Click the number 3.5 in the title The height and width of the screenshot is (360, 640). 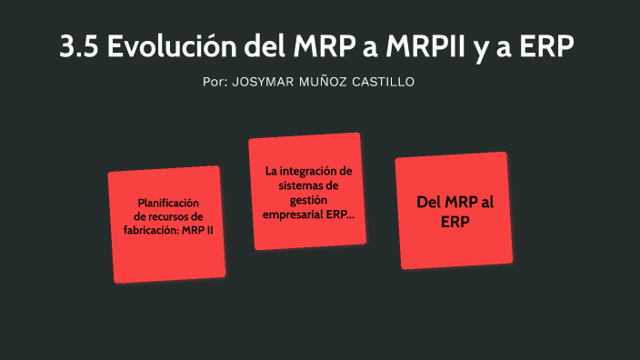(x=79, y=47)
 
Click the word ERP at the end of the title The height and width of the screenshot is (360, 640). (x=546, y=47)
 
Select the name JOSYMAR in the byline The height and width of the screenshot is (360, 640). (x=265, y=82)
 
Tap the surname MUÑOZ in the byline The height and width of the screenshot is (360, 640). (x=330, y=82)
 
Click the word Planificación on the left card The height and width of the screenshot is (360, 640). (x=168, y=203)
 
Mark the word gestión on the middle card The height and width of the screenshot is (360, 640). (x=308, y=200)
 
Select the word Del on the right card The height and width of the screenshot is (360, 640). (x=429, y=204)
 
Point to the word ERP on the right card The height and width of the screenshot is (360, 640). (x=455, y=222)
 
